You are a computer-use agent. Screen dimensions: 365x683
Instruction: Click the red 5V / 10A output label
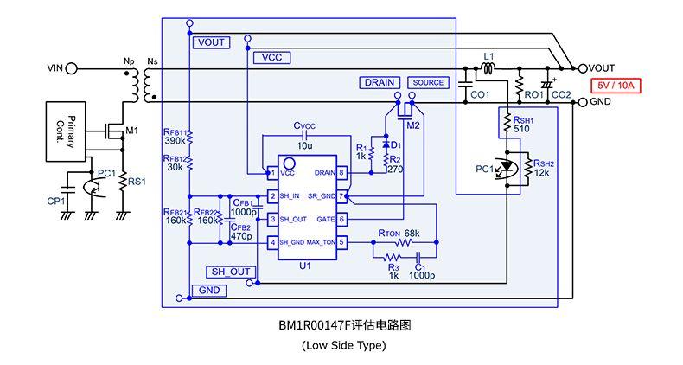coord(614,86)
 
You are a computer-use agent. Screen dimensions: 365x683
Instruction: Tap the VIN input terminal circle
coord(72,67)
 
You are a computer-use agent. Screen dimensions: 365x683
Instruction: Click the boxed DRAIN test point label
coord(379,82)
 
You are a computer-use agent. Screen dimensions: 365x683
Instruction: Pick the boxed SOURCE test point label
coord(428,82)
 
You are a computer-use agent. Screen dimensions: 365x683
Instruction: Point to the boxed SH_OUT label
coord(230,272)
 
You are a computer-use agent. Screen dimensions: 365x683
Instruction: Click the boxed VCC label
coord(271,58)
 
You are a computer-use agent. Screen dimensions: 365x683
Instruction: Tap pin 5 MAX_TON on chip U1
coord(341,242)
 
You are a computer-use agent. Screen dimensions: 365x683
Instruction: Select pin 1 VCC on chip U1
coord(271,173)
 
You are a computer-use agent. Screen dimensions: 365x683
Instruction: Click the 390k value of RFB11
coord(175,140)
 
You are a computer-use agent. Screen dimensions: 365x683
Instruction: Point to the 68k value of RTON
coord(411,234)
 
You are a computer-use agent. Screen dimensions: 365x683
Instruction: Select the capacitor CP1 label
coord(54,201)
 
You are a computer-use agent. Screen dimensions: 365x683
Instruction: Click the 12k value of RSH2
coord(542,173)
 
